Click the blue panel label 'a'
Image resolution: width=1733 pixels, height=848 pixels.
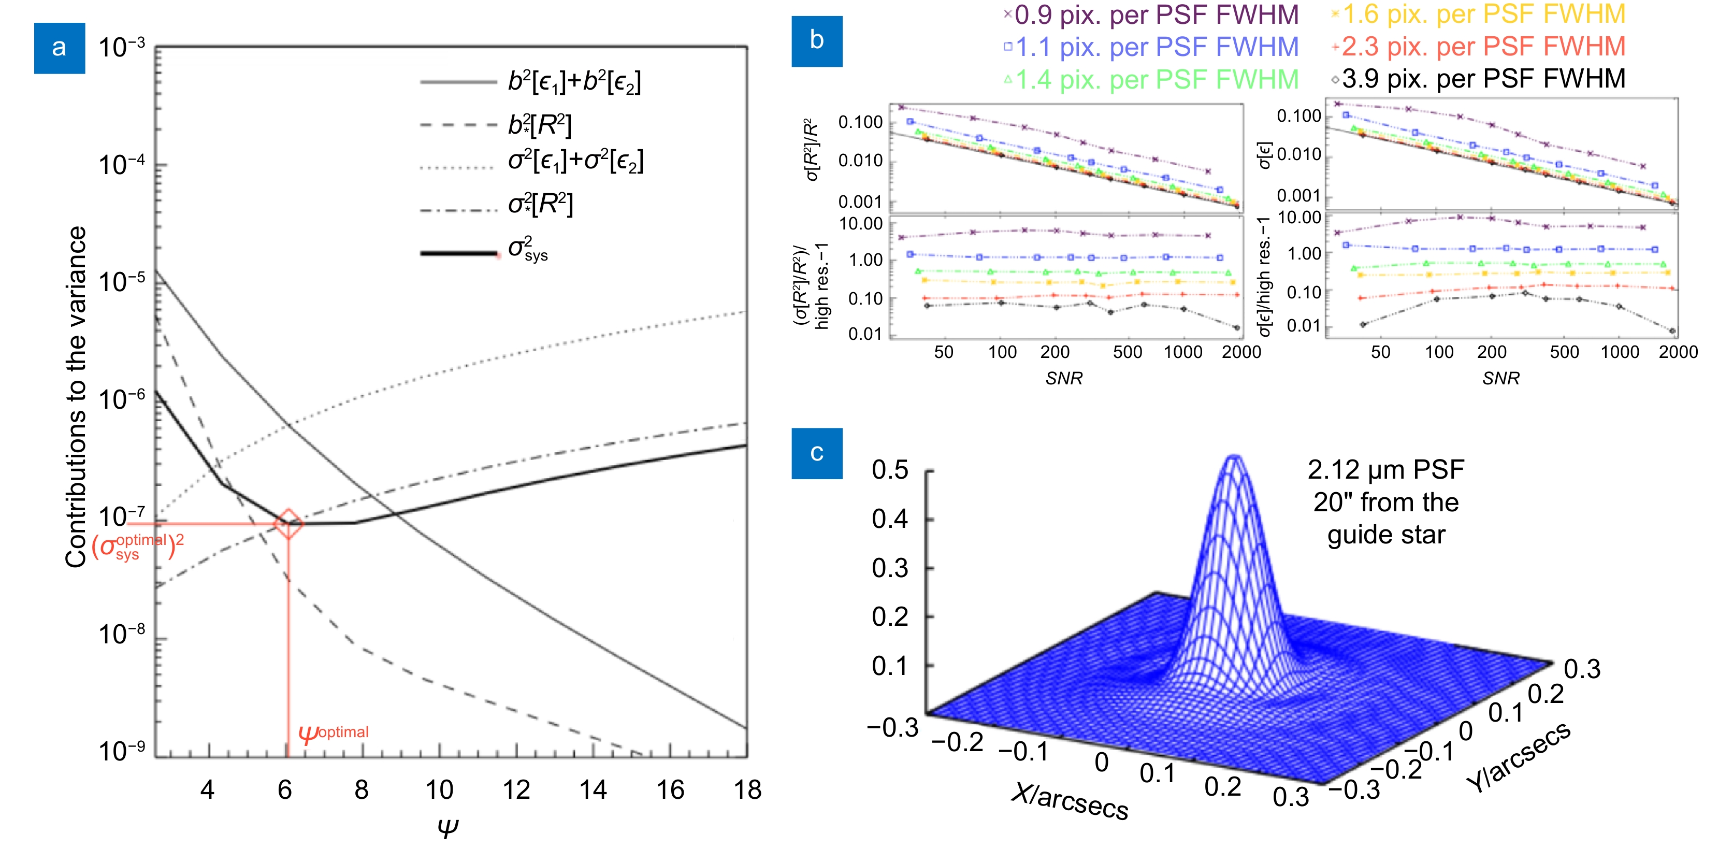click(59, 48)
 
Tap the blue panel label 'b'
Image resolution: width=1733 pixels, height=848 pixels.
click(817, 41)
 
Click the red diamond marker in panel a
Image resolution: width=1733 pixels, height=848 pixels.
click(288, 524)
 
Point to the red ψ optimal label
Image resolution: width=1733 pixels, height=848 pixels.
click(334, 733)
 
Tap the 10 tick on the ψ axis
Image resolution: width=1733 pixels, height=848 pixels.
click(439, 790)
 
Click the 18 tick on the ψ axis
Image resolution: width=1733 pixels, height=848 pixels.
click(747, 790)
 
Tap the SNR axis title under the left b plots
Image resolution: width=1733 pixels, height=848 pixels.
click(1064, 378)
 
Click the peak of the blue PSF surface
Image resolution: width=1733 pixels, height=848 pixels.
click(1235, 457)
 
